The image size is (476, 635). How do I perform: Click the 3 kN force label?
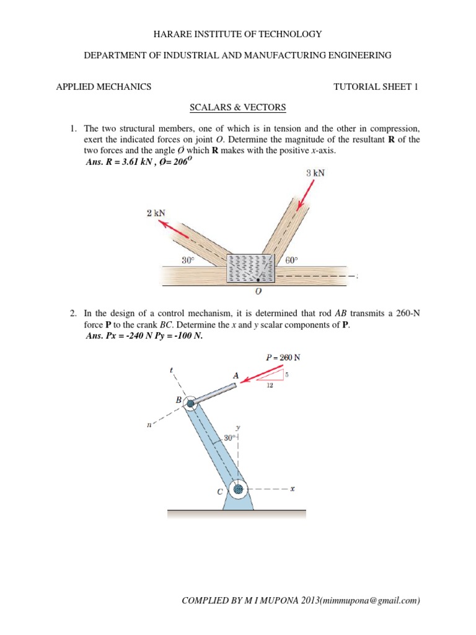point(315,174)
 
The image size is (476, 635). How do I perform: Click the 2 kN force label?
point(156,213)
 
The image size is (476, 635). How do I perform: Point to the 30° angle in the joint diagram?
point(188,261)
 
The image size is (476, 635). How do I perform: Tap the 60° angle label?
point(292,261)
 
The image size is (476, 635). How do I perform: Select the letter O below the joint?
point(258,291)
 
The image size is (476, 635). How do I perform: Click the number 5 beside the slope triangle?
point(287,375)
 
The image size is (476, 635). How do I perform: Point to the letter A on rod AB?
point(235,375)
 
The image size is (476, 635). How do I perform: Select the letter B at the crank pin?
point(178,401)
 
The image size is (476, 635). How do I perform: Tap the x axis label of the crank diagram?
point(292,489)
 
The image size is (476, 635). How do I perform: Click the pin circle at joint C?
point(238,489)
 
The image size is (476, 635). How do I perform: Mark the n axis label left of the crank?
point(149,425)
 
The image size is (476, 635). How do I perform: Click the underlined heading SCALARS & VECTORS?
point(237,107)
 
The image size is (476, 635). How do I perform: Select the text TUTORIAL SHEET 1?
point(376,87)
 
